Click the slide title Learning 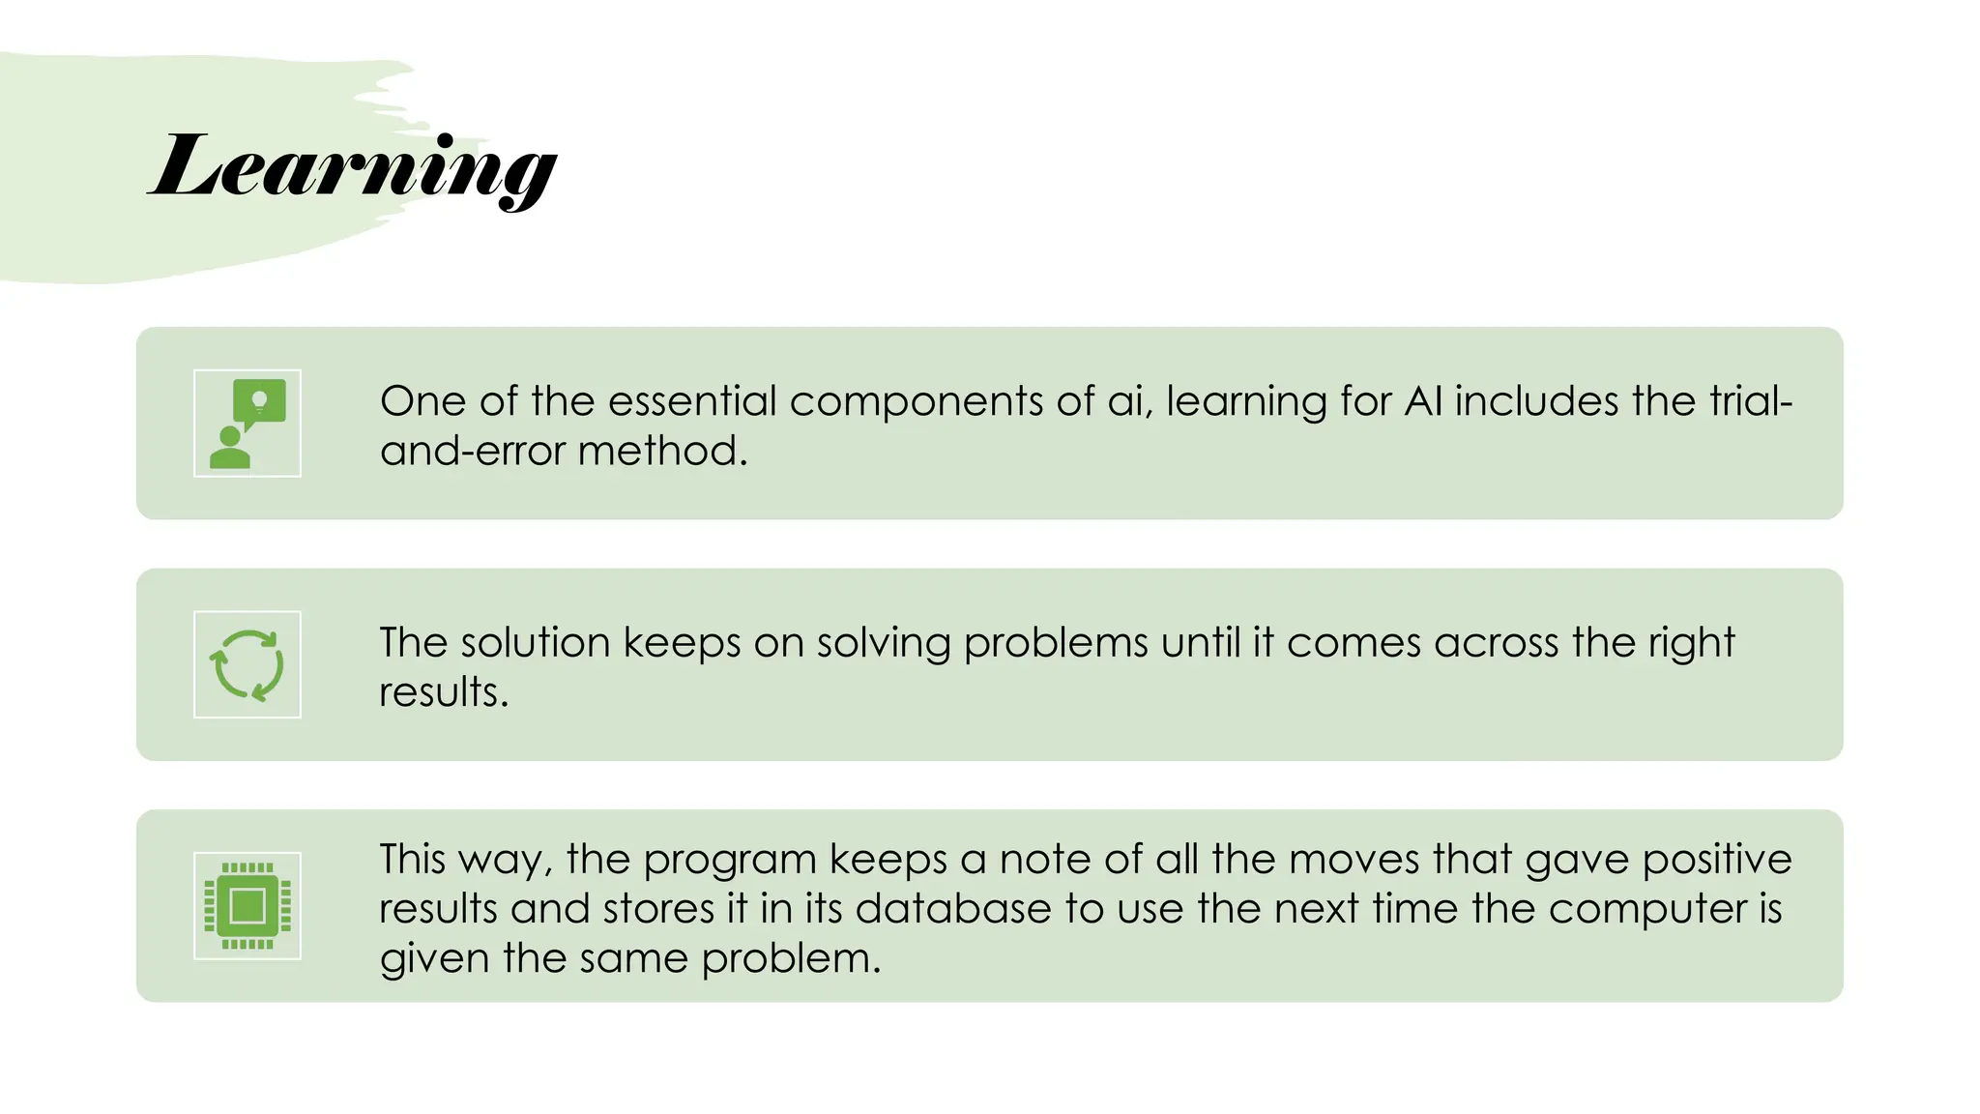click(353, 166)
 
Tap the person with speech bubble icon click(247, 424)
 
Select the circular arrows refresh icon click(247, 664)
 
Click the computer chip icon click(247, 906)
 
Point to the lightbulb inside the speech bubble click(259, 399)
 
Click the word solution click(535, 642)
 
